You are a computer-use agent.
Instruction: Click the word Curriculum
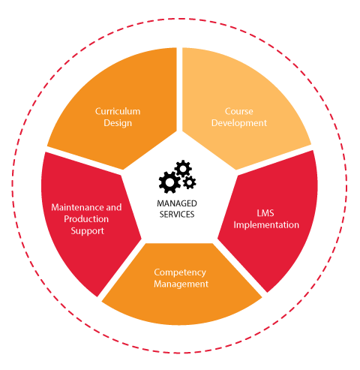coord(118,111)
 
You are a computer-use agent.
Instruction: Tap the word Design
coord(118,123)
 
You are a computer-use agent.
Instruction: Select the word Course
coord(239,111)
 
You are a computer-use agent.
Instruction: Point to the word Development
coord(239,123)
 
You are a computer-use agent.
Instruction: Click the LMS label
coord(265,213)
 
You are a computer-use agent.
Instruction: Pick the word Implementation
coord(266,225)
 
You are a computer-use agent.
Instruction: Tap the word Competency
coord(180,272)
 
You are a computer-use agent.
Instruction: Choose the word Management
coord(181,284)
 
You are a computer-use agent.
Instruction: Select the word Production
coord(86,219)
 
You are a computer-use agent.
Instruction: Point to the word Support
coord(87,231)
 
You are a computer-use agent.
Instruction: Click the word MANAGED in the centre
coord(177,203)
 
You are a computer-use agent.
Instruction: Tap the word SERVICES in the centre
coord(177,215)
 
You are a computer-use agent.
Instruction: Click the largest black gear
coord(169,182)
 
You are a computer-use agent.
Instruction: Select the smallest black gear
coord(190,182)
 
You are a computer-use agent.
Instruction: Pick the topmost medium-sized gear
coord(183,169)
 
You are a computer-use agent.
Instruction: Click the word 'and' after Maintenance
coord(114,207)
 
